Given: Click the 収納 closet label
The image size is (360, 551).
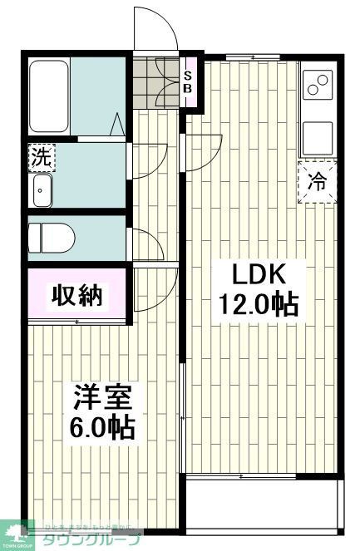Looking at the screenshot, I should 79,295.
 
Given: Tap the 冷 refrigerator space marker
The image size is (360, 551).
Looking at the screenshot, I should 318,180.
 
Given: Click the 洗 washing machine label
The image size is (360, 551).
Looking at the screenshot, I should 40,155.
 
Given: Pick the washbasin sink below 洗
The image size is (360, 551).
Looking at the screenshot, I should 42,192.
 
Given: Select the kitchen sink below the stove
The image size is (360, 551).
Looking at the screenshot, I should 317,138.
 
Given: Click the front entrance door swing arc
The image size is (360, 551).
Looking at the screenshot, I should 156,32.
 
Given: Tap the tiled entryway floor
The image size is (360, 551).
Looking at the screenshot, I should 155,84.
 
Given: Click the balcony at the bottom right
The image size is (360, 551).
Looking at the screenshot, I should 264,504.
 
